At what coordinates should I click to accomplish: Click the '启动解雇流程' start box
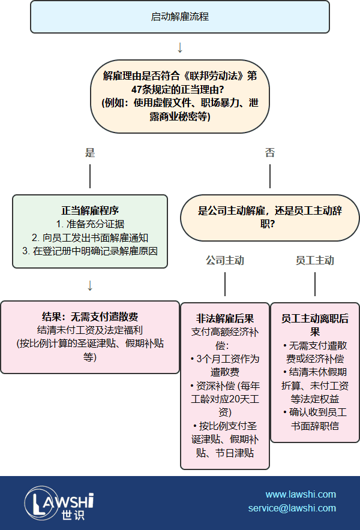click(180, 17)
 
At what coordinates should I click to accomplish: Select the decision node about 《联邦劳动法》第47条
click(180, 97)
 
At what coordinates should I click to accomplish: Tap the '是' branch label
click(90, 152)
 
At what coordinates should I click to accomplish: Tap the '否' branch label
click(270, 152)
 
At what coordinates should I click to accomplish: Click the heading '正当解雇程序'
click(90, 210)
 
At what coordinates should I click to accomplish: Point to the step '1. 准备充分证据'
click(90, 224)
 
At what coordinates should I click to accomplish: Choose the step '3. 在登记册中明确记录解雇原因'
click(90, 251)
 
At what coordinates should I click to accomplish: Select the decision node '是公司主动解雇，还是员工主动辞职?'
click(270, 218)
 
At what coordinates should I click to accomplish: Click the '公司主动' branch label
click(225, 260)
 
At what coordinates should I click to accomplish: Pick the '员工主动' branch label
click(315, 260)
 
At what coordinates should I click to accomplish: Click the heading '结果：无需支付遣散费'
click(90, 317)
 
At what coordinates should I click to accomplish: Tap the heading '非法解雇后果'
click(225, 318)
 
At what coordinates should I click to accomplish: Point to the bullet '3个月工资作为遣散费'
click(225, 365)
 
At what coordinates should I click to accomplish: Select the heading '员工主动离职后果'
click(315, 325)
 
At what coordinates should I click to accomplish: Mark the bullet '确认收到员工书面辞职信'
click(315, 419)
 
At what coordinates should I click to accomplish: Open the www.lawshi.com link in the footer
click(301, 495)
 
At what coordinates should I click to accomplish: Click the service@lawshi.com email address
click(292, 508)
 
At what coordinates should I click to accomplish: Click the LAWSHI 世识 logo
click(59, 503)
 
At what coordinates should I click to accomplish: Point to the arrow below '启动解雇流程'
click(180, 47)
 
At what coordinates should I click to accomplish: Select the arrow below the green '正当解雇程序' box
click(90, 285)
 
